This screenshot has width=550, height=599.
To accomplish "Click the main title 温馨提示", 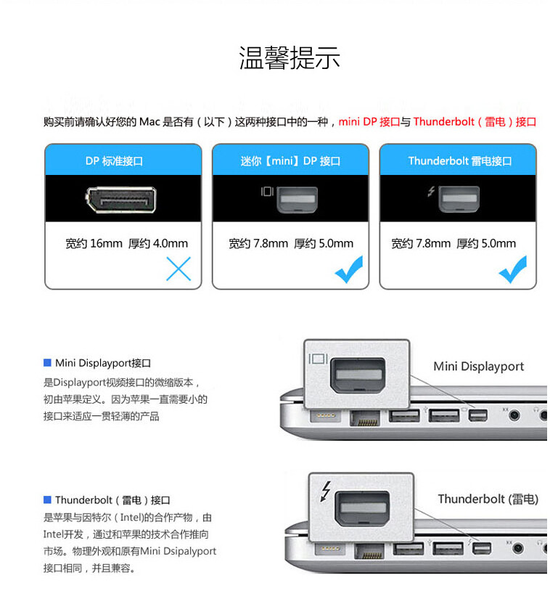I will [290, 58].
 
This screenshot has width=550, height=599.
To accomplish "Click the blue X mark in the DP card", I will [178, 269].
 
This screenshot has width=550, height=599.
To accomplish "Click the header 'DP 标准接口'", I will [123, 160].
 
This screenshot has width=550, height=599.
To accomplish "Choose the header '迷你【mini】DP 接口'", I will [290, 160].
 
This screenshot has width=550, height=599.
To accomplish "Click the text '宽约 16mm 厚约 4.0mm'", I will [126, 243].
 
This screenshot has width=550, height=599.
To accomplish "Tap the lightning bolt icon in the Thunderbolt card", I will [431, 192].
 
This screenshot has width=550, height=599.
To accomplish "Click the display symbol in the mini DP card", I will [267, 192].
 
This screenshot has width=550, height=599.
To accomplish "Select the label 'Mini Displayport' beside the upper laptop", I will [478, 366].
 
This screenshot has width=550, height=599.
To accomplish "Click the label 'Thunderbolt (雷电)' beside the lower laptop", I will [488, 499].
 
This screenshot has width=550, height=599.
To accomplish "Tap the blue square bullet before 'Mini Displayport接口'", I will [48, 362].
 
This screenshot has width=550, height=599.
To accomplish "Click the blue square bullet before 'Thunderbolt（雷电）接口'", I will [48, 500].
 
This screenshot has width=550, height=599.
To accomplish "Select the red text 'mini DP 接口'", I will [369, 122].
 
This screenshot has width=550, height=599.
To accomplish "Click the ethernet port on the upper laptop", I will [364, 419].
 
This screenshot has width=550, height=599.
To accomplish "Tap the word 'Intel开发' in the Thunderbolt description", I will [63, 534].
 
